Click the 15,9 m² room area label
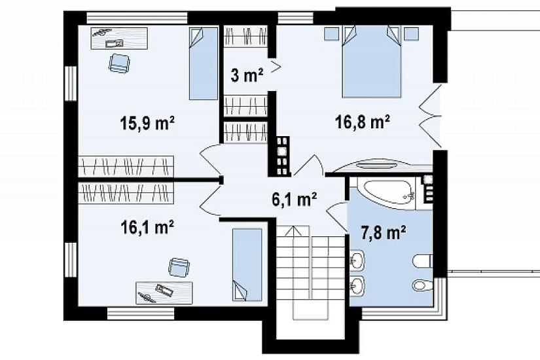tap(147, 123)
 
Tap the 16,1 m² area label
tap(147, 227)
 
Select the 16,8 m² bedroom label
tap(363, 122)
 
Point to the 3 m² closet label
tap(247, 75)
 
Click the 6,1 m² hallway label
tap(295, 200)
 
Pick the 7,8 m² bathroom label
tap(383, 232)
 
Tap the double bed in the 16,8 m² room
tap(372, 62)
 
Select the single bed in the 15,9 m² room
tap(203, 63)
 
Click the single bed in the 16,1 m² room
tap(247, 264)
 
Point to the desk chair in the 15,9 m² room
tap(120, 63)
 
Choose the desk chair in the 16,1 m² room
tap(179, 267)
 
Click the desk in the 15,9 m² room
tap(119, 38)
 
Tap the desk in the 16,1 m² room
tap(164, 293)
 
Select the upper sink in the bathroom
tap(357, 260)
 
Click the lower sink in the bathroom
tap(357, 286)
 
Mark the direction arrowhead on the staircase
tap(293, 231)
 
